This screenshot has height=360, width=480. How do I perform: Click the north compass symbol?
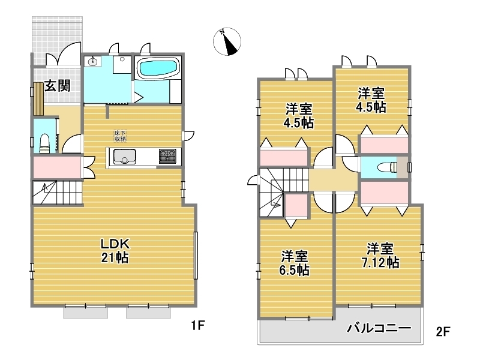tap(227, 41)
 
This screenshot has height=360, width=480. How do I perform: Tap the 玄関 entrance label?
tap(58, 86)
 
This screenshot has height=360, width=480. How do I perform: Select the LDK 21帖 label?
tap(115, 251)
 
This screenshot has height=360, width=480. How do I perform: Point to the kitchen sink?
tap(124, 157)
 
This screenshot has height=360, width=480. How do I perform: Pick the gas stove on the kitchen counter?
tap(167, 155)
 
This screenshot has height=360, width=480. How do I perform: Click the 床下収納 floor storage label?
tap(120, 136)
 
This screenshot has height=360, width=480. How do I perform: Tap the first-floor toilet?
tap(45, 143)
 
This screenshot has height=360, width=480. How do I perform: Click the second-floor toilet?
tap(387, 167)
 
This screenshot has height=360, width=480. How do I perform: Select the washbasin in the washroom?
tap(92, 62)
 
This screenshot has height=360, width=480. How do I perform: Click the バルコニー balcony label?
tap(379, 328)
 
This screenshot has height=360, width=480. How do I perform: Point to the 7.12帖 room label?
tap(380, 256)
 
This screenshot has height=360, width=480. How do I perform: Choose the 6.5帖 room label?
tap(294, 263)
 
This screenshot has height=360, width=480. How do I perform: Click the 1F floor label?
tap(198, 325)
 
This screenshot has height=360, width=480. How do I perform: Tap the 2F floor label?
tap(443, 332)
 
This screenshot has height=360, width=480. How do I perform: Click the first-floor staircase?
tap(58, 192)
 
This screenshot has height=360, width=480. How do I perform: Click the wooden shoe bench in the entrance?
tap(38, 99)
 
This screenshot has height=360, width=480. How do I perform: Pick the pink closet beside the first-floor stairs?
tap(56, 167)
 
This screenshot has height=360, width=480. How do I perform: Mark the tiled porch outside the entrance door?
tap(57, 40)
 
